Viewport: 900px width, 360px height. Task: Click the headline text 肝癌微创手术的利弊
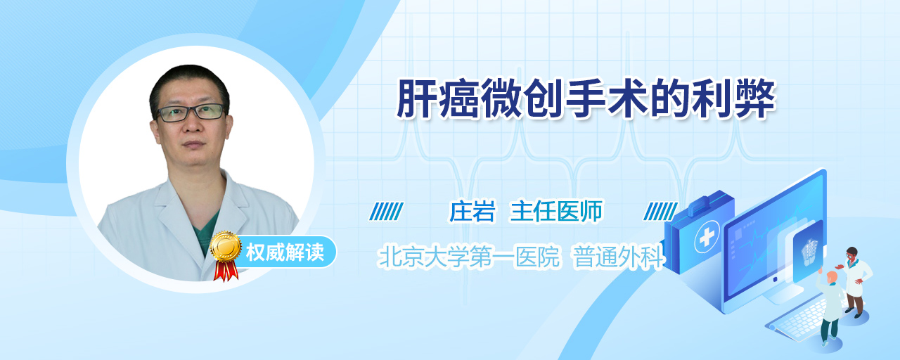coord(586,99)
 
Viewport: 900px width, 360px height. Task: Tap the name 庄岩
coord(472,212)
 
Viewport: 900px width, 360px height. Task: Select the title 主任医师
coord(556,212)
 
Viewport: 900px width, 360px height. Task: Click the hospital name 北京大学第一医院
coord(469,257)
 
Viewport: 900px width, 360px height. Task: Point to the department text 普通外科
coord(619,257)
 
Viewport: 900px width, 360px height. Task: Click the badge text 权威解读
coord(285,252)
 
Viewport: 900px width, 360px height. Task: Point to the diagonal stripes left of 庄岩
coord(387,212)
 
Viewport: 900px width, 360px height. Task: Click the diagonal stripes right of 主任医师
coord(660,212)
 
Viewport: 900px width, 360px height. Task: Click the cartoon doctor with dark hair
coord(856,282)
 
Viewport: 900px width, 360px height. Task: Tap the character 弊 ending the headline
coord(755,99)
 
